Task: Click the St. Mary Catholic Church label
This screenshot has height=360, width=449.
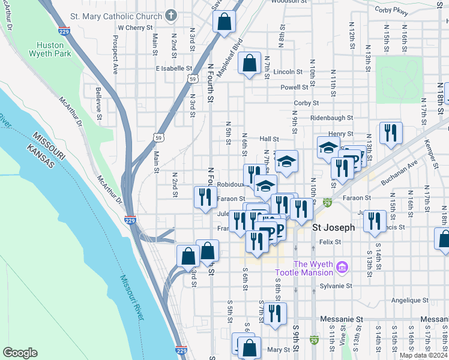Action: point(116,16)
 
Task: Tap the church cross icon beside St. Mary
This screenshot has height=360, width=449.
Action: point(171,15)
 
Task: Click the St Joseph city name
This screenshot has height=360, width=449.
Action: point(334,228)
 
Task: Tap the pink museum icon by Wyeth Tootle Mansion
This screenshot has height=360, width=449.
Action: point(342,266)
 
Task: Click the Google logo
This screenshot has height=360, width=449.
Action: point(20,353)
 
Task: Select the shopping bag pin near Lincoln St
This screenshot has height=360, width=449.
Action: point(249,62)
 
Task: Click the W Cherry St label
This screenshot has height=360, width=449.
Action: point(135,28)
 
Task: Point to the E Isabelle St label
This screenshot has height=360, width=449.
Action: point(173,69)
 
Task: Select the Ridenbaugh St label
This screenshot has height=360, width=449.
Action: point(331,118)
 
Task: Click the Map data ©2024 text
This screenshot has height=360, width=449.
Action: point(422,355)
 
